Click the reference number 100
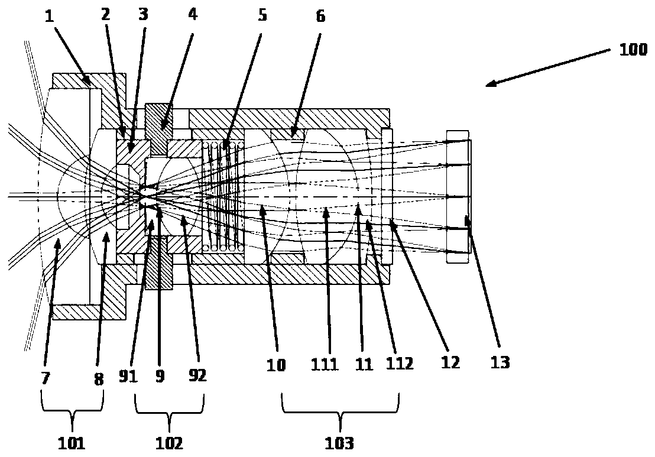(x=633, y=51)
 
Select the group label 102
(x=170, y=442)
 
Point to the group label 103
(x=341, y=442)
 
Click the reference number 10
(x=275, y=365)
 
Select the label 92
(x=197, y=375)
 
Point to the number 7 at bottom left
(x=46, y=378)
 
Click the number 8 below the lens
(x=99, y=378)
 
